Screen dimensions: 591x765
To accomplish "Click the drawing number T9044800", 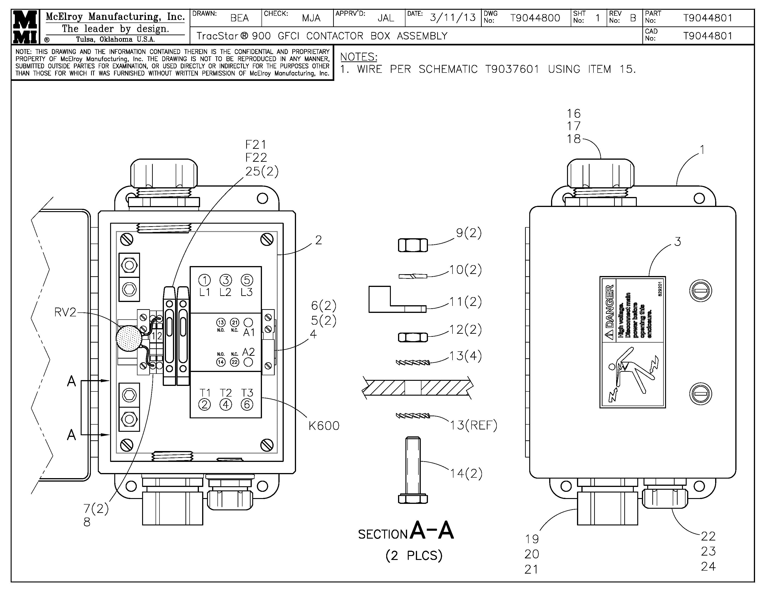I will pyautogui.click(x=535, y=18).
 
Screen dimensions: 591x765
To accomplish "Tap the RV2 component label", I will pyautogui.click(x=65, y=312).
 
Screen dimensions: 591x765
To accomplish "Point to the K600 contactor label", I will pyautogui.click(x=324, y=426).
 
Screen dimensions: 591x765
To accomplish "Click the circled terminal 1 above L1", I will pyautogui.click(x=204, y=280).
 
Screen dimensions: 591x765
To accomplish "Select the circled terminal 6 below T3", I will pyautogui.click(x=247, y=405).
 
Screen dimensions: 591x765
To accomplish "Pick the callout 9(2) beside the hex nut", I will pyautogui.click(x=468, y=233).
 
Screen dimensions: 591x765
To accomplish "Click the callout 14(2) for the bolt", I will pyautogui.click(x=466, y=473).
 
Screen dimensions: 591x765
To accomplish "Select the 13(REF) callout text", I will pyautogui.click(x=473, y=425).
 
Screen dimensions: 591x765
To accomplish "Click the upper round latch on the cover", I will pyautogui.click(x=701, y=291).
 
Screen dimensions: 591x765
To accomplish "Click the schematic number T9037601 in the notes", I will pyautogui.click(x=512, y=69).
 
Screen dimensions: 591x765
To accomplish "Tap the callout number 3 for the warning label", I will pyautogui.click(x=677, y=241).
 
